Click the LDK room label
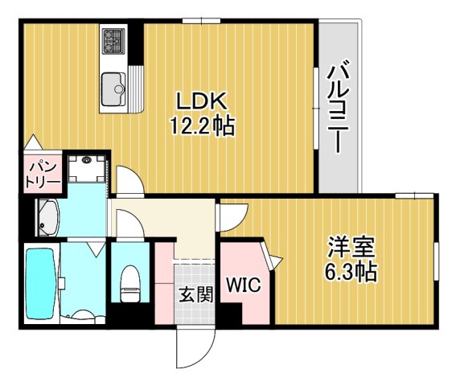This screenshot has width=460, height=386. coord(201,103)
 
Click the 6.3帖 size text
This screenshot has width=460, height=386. coord(351,271)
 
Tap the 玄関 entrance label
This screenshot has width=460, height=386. coord(195,294)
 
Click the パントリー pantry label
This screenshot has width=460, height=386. coord(42,173)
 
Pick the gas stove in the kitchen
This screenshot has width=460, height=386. coord(113,39)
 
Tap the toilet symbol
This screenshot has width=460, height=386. coord(129,281)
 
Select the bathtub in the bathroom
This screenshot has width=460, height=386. coord(39,282)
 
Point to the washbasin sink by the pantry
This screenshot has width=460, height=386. coord(47,216)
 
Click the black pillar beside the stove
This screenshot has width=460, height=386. coord(138,44)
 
